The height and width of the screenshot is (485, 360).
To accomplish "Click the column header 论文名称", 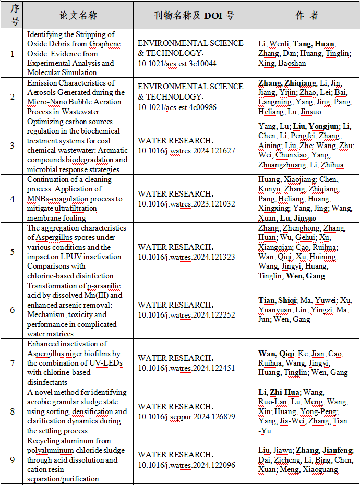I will click(78, 16).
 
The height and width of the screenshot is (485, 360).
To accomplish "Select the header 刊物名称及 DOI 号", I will click(194, 16).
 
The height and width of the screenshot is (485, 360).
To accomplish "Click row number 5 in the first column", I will click(13, 251).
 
